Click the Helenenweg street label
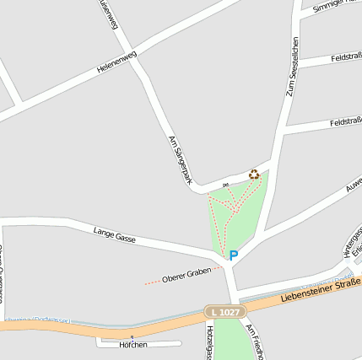tap(116, 62)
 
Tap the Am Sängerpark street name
tap(181, 159)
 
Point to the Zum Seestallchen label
tap(293, 68)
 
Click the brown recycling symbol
tap(254, 175)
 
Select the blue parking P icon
tap(234, 255)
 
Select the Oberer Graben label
tap(186, 275)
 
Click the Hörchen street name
tap(133, 345)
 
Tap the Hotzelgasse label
tap(208, 342)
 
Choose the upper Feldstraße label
tap(345, 58)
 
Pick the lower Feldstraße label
tap(346, 121)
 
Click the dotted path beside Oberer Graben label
tap(152, 282)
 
